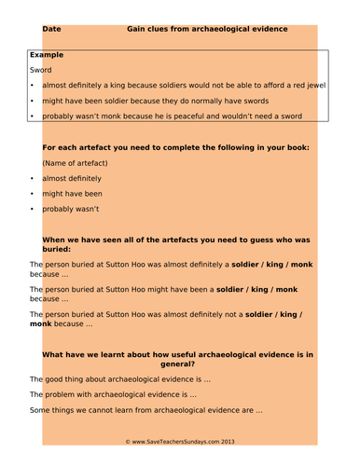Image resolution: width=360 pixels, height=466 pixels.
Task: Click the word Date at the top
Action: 52,30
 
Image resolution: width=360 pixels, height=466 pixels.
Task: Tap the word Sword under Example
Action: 41,70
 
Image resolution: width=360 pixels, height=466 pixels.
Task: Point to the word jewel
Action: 316,86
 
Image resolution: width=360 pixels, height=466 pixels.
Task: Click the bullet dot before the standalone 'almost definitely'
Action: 33,178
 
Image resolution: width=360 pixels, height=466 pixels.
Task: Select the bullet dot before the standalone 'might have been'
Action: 33,194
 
